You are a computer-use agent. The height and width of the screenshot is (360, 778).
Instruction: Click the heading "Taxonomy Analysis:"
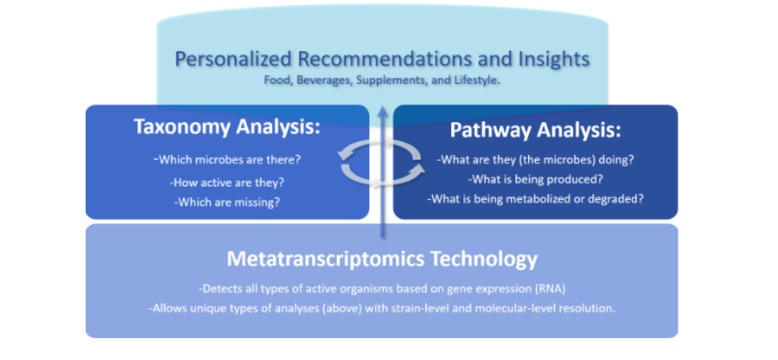pos(227,127)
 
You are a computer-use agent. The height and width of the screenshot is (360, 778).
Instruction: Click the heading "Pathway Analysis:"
pos(535,131)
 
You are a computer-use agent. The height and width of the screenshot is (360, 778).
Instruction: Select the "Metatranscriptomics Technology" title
pos(382,259)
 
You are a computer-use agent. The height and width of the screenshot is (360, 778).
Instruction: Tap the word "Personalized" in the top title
pos(234,60)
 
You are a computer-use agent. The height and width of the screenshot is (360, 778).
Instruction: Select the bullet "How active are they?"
pos(227,182)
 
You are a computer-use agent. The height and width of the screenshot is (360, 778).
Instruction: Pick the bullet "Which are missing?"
pos(227,202)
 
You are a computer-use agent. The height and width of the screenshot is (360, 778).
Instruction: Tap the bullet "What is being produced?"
pos(535,179)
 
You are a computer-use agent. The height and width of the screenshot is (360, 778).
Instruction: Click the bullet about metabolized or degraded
pos(535,199)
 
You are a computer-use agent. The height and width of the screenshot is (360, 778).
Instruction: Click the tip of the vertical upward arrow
pos(382,105)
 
